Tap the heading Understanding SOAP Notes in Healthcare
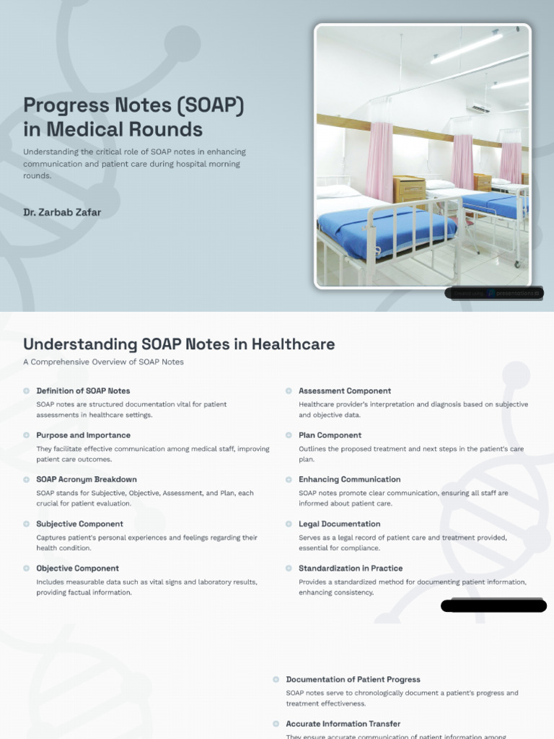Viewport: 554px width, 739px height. pos(179,344)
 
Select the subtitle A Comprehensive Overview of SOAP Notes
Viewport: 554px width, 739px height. pos(103,362)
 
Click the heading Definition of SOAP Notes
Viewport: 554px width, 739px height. pos(83,390)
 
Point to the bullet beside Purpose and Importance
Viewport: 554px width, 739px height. pos(27,435)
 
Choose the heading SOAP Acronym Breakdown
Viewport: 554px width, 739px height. pos(86,479)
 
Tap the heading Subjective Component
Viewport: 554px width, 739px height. pos(79,524)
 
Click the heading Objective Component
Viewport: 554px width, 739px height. pos(77,568)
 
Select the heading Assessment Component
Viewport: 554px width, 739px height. pos(345,390)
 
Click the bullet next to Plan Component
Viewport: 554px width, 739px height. pos(289,435)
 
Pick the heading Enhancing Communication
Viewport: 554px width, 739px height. pos(349,479)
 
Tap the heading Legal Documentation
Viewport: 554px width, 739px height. pos(339,524)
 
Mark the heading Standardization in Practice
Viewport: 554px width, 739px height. pos(351,568)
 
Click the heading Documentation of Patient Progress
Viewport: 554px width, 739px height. pos(353,679)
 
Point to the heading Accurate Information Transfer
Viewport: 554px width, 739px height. pos(343,724)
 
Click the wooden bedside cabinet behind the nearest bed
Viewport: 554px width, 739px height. pos(409,188)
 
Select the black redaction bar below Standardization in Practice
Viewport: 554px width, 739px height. pos(493,605)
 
